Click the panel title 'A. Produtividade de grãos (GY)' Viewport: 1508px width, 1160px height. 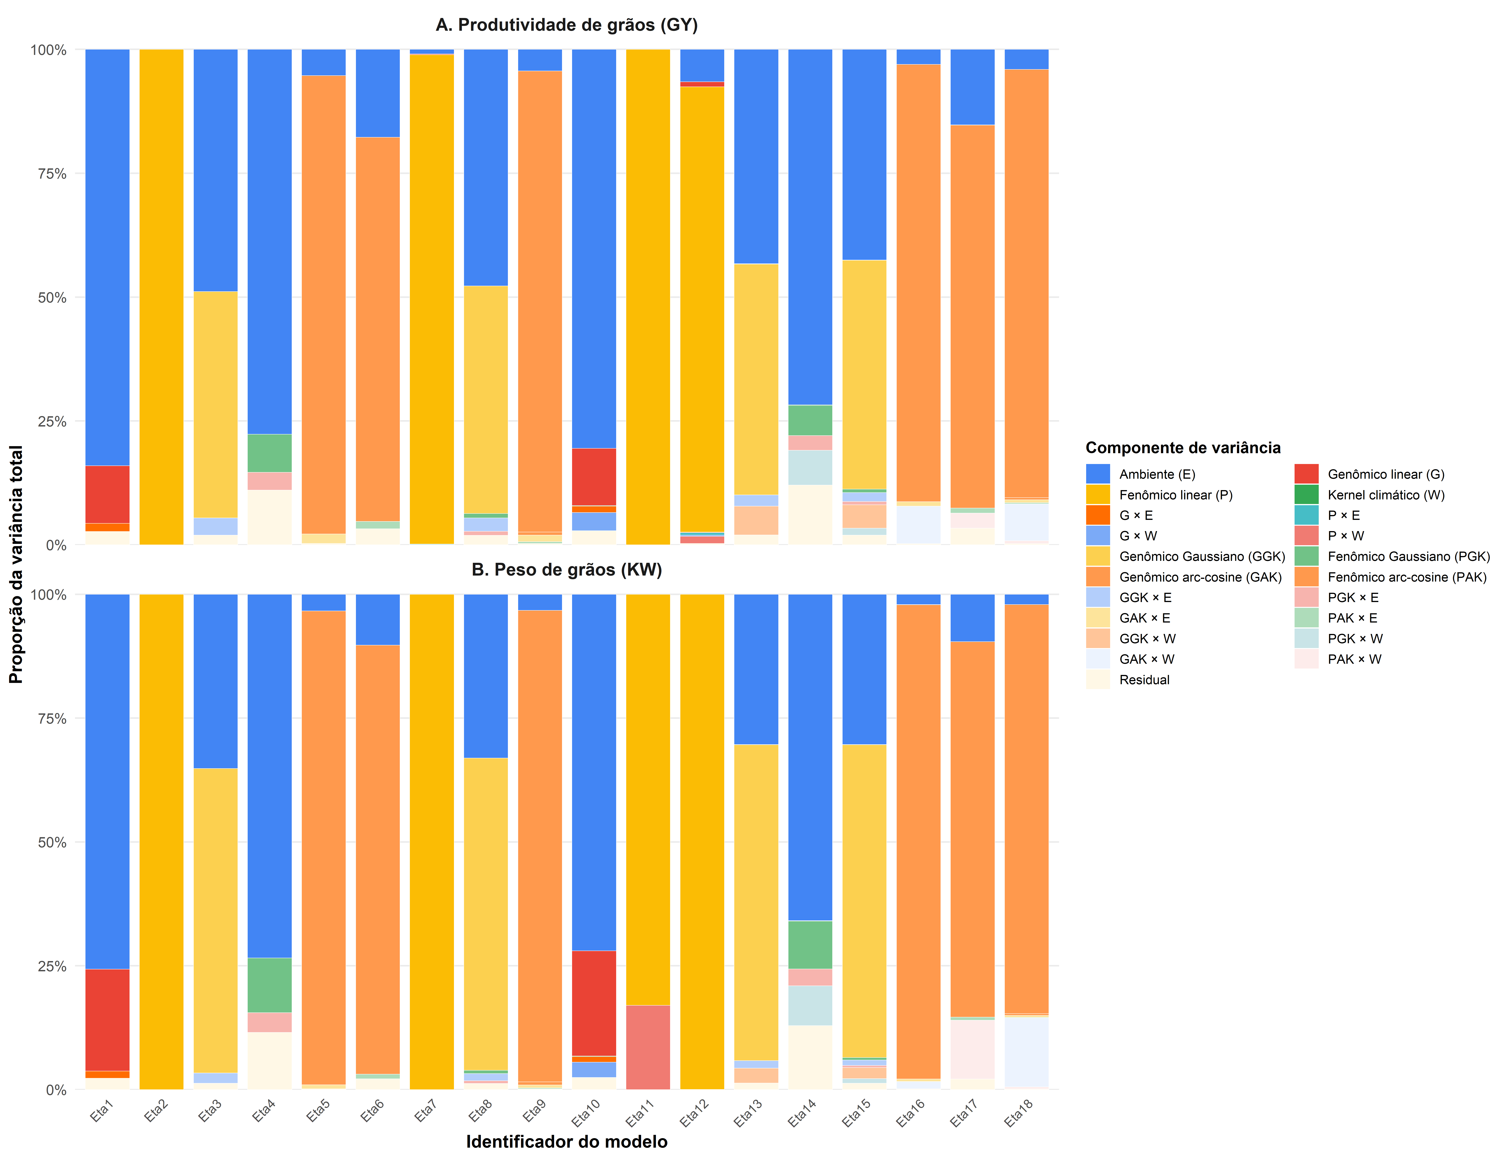click(x=566, y=26)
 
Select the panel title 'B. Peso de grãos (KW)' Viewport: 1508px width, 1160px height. click(x=566, y=570)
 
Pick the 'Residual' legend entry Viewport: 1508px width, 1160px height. click(x=1144, y=679)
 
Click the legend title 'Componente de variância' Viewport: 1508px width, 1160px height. click(x=1183, y=448)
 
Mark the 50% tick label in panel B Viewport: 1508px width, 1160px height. click(x=52, y=842)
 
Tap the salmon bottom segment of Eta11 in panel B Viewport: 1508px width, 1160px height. click(x=648, y=1047)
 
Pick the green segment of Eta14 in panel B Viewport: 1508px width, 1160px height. click(x=810, y=945)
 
